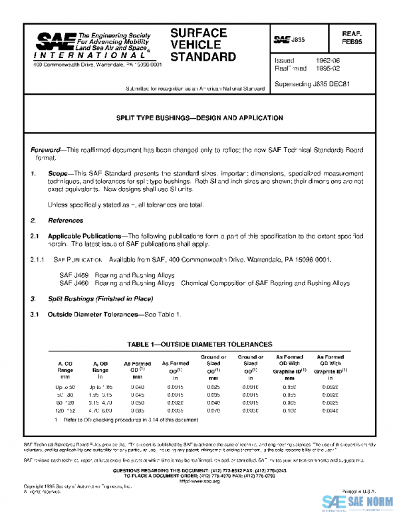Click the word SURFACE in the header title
[198, 33]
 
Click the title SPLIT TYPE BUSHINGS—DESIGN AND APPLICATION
[199, 118]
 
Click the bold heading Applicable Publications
[84, 236]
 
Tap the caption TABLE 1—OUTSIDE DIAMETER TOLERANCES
[199, 344]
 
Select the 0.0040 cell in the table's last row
[330, 412]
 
